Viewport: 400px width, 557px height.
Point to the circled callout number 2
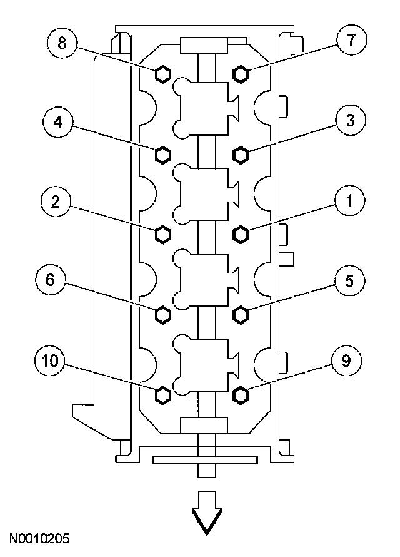pos(56,202)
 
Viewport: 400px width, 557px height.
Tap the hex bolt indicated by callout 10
pos(162,394)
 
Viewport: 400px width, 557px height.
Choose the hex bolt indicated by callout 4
pos(162,153)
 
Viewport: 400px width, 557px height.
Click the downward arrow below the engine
pos(206,511)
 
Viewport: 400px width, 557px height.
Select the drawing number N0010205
pos(39,538)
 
